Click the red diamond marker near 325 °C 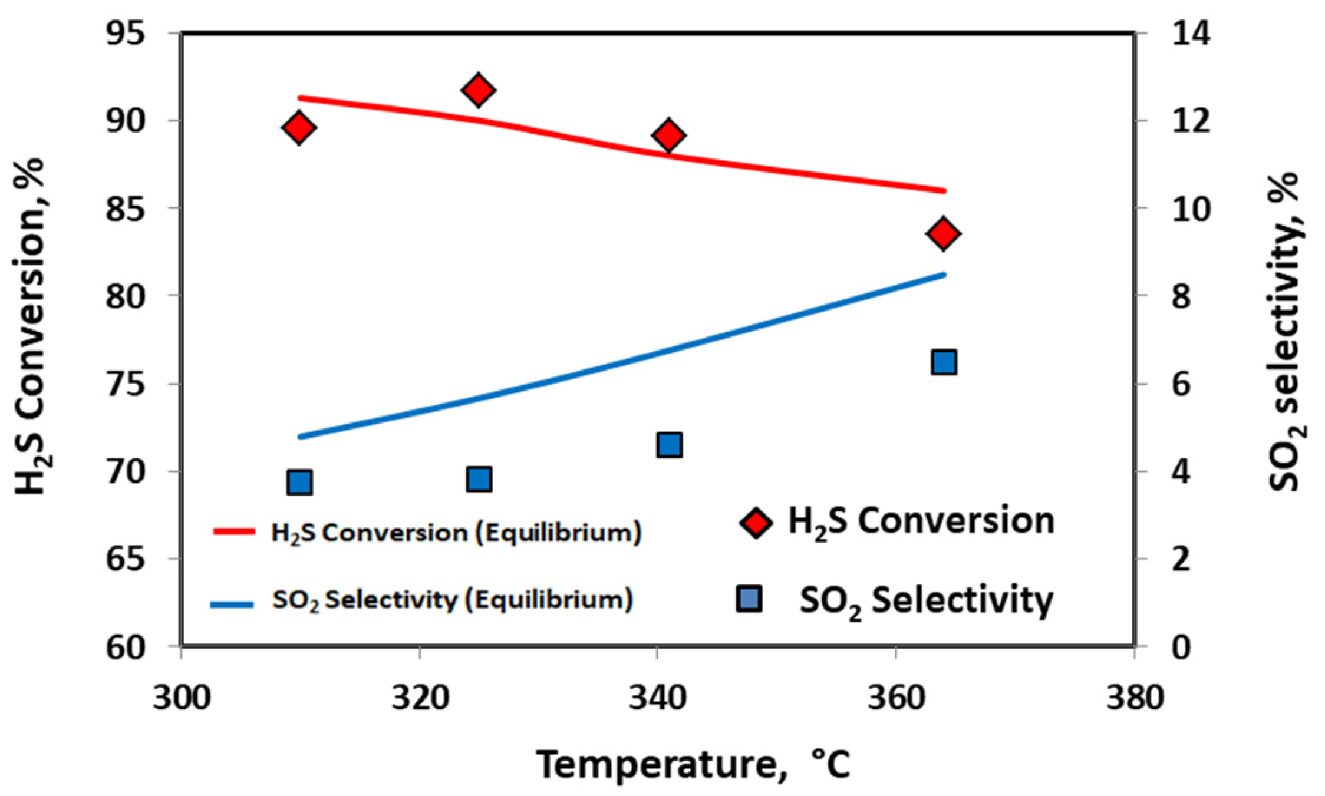(x=478, y=91)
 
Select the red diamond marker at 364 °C (x=944, y=233)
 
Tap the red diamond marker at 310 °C (x=299, y=127)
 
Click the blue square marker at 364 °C (x=944, y=362)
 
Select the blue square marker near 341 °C (x=669, y=445)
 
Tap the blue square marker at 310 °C (x=299, y=483)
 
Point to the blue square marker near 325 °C (x=479, y=480)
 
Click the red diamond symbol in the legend (x=756, y=522)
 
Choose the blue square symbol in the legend (x=749, y=599)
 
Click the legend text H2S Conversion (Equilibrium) (x=456, y=533)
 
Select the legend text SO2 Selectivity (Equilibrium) (x=452, y=600)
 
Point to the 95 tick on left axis (x=124, y=34)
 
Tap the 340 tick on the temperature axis (x=657, y=698)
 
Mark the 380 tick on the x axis (x=1135, y=698)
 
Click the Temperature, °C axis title (x=693, y=764)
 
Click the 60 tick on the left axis (x=124, y=647)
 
